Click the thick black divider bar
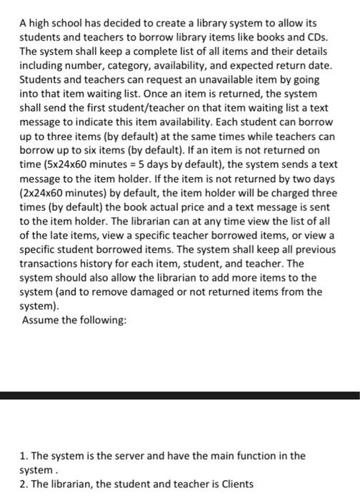point(180,395)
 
